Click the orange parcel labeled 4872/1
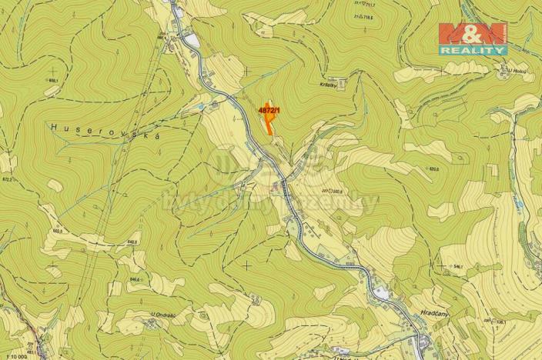(x=269, y=121)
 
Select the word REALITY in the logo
(x=473, y=49)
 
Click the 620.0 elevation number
(x=434, y=169)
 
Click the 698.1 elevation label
(x=53, y=80)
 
